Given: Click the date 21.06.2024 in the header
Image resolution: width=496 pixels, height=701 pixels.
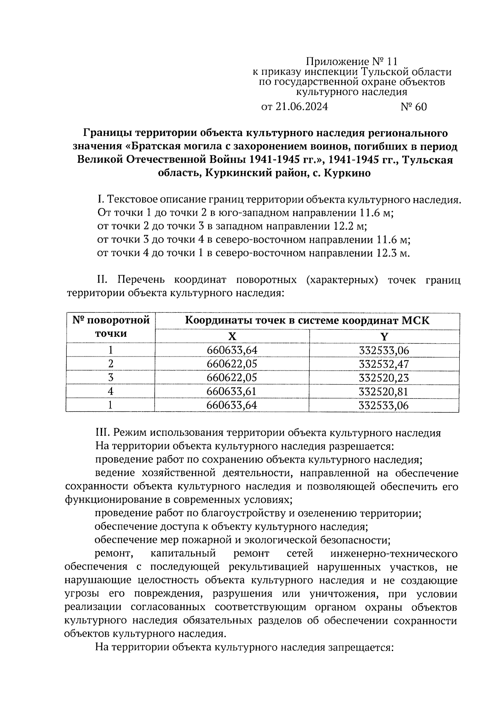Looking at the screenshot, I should coord(301,107).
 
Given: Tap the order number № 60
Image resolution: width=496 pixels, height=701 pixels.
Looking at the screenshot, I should coord(414,107).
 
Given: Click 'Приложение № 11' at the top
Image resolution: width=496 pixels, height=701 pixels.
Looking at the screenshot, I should coord(352,62).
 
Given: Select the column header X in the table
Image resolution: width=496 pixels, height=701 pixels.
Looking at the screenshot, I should coord(232,336).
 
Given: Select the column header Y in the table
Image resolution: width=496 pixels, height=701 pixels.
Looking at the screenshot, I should coord(384,336).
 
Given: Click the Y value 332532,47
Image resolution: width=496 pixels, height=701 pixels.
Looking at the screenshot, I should coord(384,364).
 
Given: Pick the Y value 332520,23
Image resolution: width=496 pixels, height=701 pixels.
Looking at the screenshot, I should coord(384,378).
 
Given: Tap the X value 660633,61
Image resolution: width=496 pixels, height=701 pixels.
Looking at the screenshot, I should coord(232,392).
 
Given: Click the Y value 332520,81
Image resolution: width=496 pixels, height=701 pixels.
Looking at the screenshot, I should coord(384,392).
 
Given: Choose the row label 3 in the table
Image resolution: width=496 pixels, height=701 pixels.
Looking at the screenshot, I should coord(110,378).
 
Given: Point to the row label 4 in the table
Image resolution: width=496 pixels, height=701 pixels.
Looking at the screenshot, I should coord(110,392).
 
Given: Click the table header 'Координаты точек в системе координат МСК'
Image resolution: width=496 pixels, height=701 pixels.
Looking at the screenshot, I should coord(308,321).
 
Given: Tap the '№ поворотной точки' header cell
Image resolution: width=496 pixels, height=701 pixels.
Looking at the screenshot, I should coord(111,327).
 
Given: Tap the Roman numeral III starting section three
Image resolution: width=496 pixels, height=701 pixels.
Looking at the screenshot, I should coord(103,433).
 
